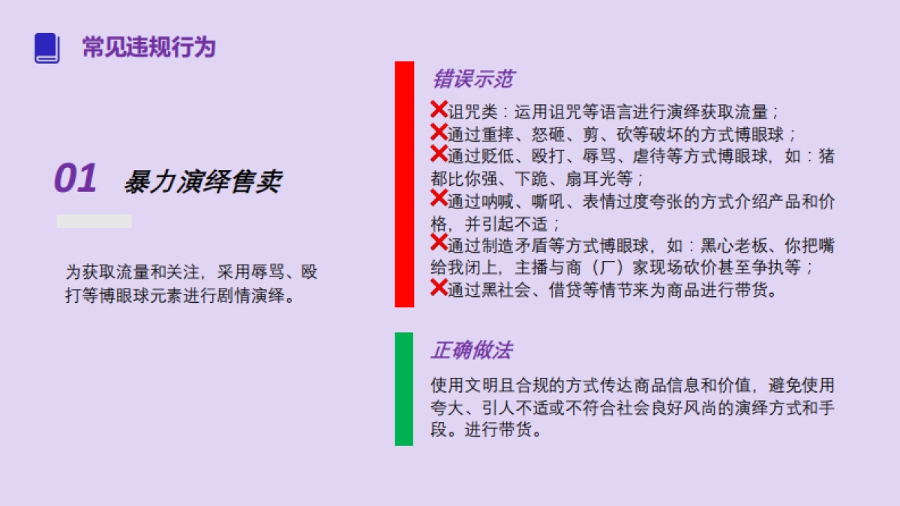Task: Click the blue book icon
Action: tap(46, 48)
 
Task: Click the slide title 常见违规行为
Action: tap(148, 47)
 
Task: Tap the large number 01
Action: tap(75, 179)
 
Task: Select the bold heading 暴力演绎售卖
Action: tap(202, 181)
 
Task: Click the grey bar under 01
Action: tap(94, 221)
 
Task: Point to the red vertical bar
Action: tap(404, 184)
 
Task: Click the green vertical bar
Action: tap(403, 388)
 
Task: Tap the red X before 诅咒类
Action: tap(439, 109)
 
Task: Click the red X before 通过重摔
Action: tap(439, 132)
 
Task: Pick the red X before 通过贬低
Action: tap(439, 154)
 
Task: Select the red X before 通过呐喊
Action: tap(439, 198)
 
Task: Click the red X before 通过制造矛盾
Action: tap(439, 242)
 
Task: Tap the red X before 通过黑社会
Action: tap(439, 286)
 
